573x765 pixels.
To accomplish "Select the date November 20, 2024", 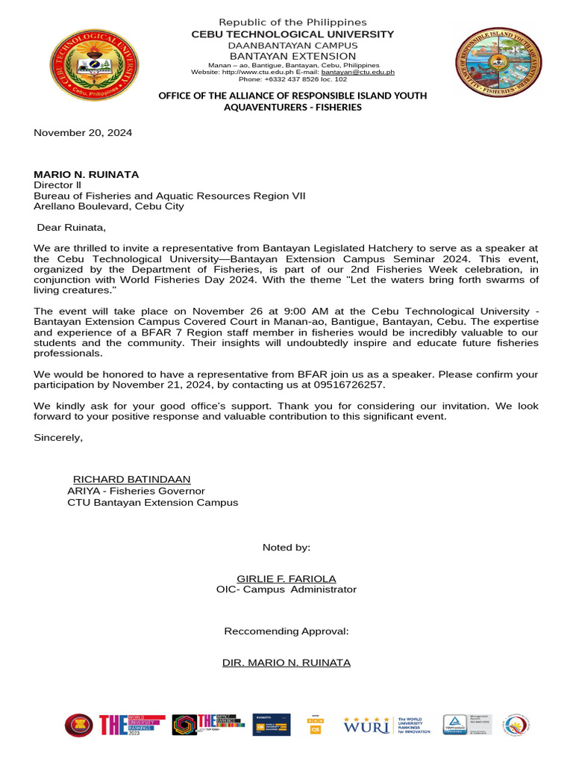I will [83, 133].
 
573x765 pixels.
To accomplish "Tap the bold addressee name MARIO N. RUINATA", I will [87, 174].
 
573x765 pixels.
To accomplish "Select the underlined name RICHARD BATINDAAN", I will [131, 479].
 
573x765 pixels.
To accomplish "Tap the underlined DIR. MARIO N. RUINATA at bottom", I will [286, 663].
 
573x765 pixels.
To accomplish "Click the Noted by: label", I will [286, 548].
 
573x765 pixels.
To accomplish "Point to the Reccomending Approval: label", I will [286, 631].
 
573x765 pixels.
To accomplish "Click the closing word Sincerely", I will [58, 437].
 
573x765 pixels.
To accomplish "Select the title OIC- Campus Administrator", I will [286, 589].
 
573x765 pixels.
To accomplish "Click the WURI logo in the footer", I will [366, 725].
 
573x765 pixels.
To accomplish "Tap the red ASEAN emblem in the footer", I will [79, 725].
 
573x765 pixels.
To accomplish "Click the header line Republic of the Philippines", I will [292, 22].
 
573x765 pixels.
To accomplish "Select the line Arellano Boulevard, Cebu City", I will [109, 206].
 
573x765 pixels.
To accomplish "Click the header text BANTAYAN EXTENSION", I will [292, 56].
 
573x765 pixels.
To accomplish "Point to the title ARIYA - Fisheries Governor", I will [136, 491].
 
